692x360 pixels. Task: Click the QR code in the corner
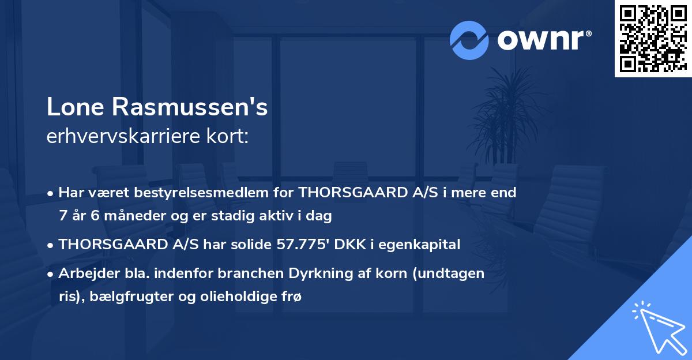tap(653, 39)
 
